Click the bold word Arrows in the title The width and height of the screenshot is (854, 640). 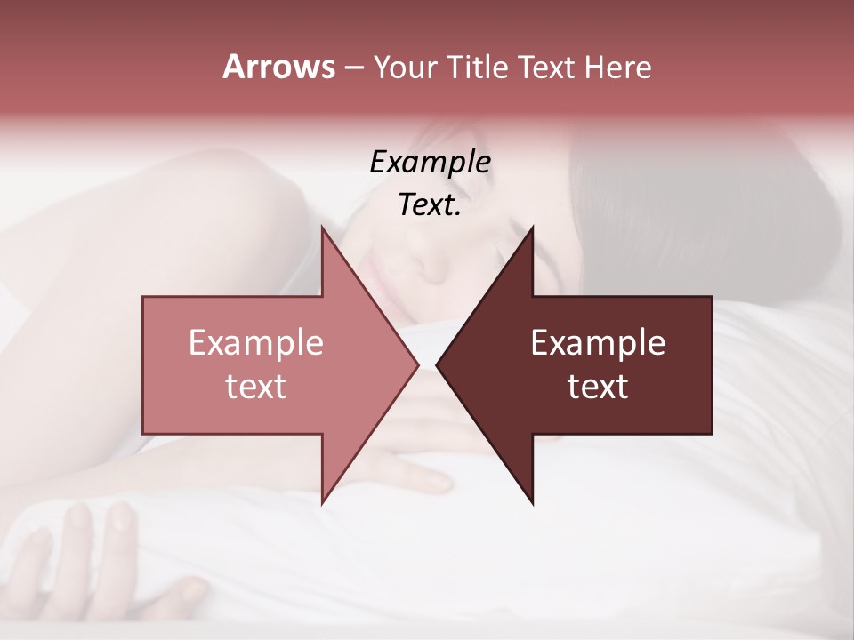(278, 67)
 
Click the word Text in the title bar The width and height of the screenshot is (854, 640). (547, 68)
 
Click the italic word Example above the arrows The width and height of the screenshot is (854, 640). (430, 162)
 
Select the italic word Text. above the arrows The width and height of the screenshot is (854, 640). (430, 204)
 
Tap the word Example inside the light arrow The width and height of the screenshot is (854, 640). (256, 343)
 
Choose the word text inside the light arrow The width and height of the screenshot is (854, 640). (256, 387)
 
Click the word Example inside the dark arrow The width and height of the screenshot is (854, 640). (598, 343)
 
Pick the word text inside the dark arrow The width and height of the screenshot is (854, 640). (598, 387)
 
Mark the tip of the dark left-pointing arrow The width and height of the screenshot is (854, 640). (439, 364)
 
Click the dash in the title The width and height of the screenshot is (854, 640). (353, 68)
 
